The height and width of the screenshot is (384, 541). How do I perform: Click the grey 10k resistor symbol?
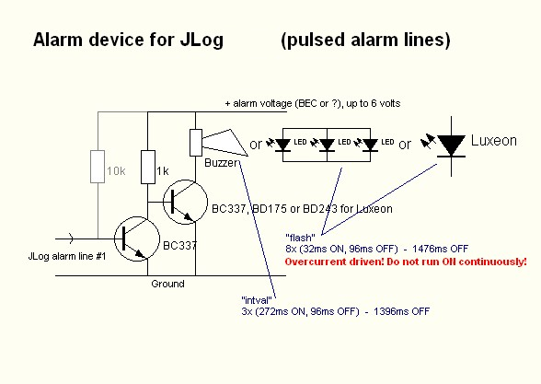point(98,167)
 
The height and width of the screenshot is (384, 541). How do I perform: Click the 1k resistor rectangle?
point(148,167)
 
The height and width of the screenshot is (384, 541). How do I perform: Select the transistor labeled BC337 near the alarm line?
point(137,239)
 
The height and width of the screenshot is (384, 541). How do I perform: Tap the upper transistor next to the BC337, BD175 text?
point(185,202)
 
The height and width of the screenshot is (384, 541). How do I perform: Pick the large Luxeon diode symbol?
point(451,146)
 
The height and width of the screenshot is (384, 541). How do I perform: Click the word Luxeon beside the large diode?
point(494,141)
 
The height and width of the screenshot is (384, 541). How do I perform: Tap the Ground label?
point(167,284)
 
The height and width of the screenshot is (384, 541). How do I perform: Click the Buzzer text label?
point(221,163)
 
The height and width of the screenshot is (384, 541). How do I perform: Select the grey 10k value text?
point(116,171)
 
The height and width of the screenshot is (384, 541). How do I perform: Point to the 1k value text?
point(163,171)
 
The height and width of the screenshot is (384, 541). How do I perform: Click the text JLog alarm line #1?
point(67,256)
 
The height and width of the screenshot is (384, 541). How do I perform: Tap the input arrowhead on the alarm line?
point(72,239)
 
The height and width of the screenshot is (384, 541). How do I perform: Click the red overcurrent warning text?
point(406,262)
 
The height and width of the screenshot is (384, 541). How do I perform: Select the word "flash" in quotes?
point(300,238)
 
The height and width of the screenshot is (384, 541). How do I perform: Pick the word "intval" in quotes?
point(257,300)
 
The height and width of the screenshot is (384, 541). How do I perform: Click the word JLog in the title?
point(201,41)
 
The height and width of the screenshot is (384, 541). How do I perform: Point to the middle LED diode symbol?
point(327,145)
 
